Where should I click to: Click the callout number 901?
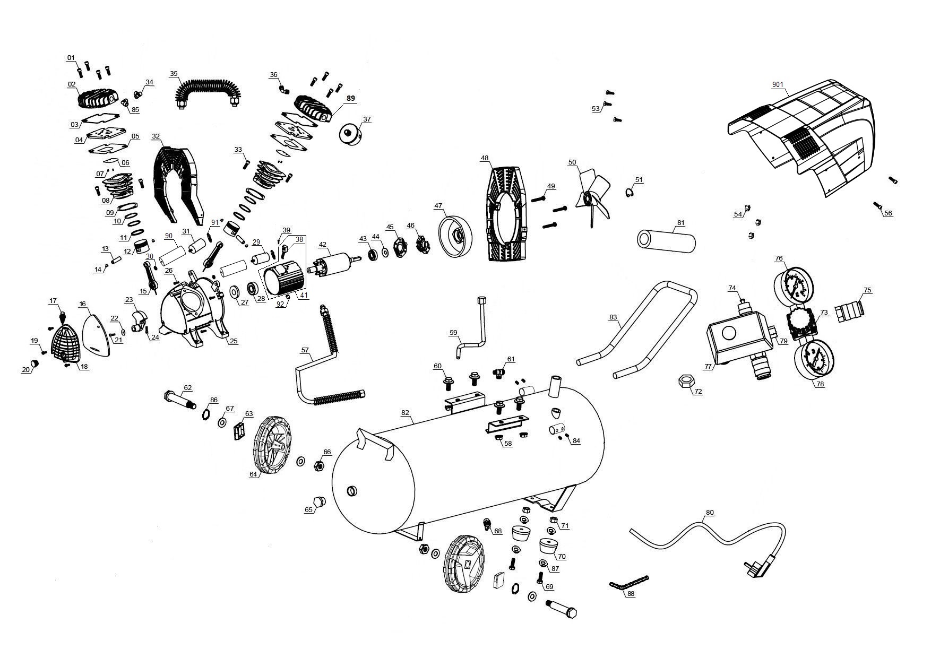coord(778,85)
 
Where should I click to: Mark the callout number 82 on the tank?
coord(405,413)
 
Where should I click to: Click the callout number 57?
coord(305,350)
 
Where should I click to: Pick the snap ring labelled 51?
coord(628,194)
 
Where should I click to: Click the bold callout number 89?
coord(350,99)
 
